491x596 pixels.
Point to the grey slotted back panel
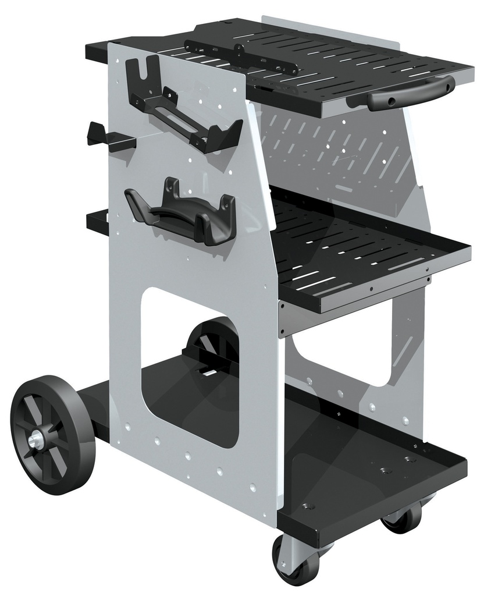[337, 151]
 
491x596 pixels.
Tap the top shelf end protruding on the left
[97, 51]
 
